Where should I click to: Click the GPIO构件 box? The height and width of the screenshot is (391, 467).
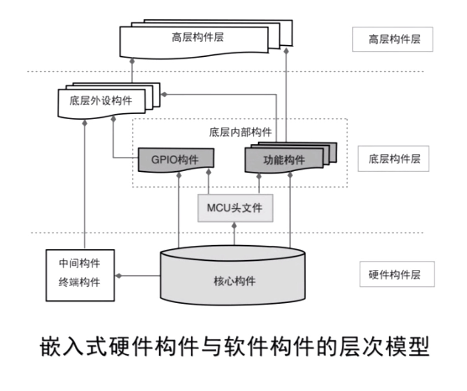click(175, 160)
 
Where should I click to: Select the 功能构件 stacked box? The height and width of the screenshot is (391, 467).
click(284, 160)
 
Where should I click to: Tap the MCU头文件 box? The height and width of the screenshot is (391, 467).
click(235, 208)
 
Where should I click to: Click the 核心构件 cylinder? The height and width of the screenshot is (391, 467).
click(233, 281)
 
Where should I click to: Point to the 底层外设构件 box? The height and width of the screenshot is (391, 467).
click(101, 101)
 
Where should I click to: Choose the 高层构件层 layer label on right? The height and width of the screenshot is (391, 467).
click(392, 39)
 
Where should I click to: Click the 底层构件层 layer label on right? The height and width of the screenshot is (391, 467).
click(393, 159)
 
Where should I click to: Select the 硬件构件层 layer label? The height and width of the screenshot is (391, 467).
click(397, 274)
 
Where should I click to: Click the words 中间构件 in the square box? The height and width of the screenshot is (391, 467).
click(80, 263)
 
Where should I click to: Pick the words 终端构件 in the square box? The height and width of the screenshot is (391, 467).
click(80, 282)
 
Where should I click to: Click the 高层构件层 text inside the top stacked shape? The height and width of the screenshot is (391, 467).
click(198, 37)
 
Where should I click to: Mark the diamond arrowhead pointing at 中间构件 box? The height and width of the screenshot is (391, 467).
click(118, 276)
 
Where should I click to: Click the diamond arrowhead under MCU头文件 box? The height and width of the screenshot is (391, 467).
click(234, 226)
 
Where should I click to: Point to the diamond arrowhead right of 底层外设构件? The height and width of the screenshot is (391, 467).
click(164, 95)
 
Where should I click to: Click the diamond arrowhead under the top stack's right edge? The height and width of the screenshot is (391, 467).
click(286, 52)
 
